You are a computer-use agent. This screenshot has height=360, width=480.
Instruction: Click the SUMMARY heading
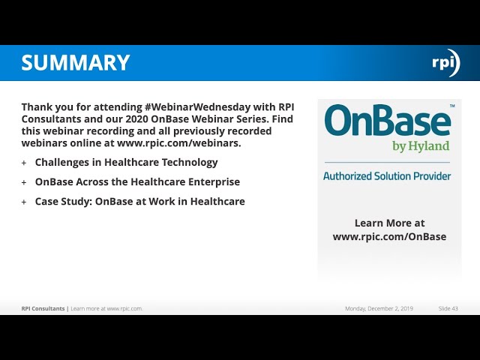click(x=76, y=63)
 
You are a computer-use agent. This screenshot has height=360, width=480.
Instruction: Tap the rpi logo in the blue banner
click(x=445, y=63)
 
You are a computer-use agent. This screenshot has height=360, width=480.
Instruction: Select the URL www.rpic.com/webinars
click(x=178, y=143)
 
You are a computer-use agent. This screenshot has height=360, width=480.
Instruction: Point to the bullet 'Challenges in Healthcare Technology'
click(x=126, y=162)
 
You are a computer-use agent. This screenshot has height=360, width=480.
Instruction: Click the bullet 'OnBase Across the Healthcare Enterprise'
click(x=137, y=181)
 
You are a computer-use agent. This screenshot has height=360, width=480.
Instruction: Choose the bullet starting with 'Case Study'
click(x=139, y=201)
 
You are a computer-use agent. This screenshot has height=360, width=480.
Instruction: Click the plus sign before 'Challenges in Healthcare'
click(x=24, y=163)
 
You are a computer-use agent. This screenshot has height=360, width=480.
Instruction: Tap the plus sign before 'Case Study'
click(x=24, y=202)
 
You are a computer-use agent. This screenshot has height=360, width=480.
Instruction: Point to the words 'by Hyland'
click(x=421, y=146)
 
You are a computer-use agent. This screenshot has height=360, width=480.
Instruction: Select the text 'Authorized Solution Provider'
click(x=387, y=176)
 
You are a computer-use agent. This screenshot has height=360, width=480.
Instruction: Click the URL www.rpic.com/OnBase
click(x=389, y=236)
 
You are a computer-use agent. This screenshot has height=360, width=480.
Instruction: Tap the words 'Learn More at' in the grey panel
click(x=389, y=223)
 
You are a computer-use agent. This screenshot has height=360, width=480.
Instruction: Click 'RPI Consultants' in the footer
click(x=43, y=308)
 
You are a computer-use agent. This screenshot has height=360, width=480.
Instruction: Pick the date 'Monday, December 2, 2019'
click(x=379, y=308)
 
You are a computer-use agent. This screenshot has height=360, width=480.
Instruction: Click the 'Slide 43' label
click(x=448, y=308)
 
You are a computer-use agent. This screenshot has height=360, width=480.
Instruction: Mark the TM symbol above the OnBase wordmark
click(x=452, y=106)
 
